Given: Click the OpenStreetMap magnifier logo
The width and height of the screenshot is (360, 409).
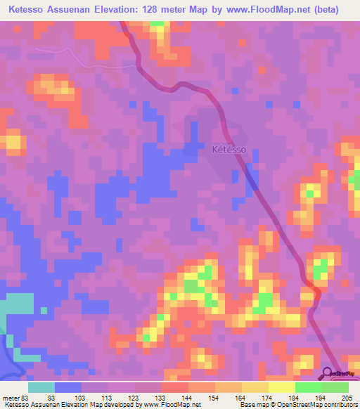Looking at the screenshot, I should click(x=328, y=372).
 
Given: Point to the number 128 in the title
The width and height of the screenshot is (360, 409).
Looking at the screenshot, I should click(x=158, y=10).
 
